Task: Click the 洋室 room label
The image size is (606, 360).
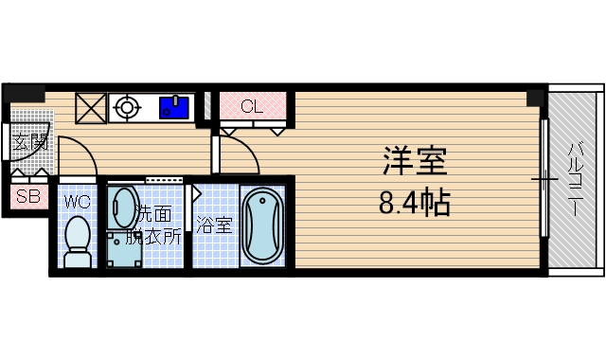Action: [x=415, y=161]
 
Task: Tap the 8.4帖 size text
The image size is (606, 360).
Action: [x=415, y=201]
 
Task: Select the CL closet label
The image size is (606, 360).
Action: [x=251, y=106]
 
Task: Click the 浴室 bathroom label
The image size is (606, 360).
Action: [x=214, y=225]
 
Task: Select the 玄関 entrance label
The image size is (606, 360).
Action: [x=30, y=143]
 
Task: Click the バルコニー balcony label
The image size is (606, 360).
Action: [x=575, y=180]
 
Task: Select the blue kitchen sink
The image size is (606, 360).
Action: [x=174, y=106]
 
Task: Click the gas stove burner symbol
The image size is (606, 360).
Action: [x=126, y=107]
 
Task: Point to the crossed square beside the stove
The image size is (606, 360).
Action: [x=91, y=108]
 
